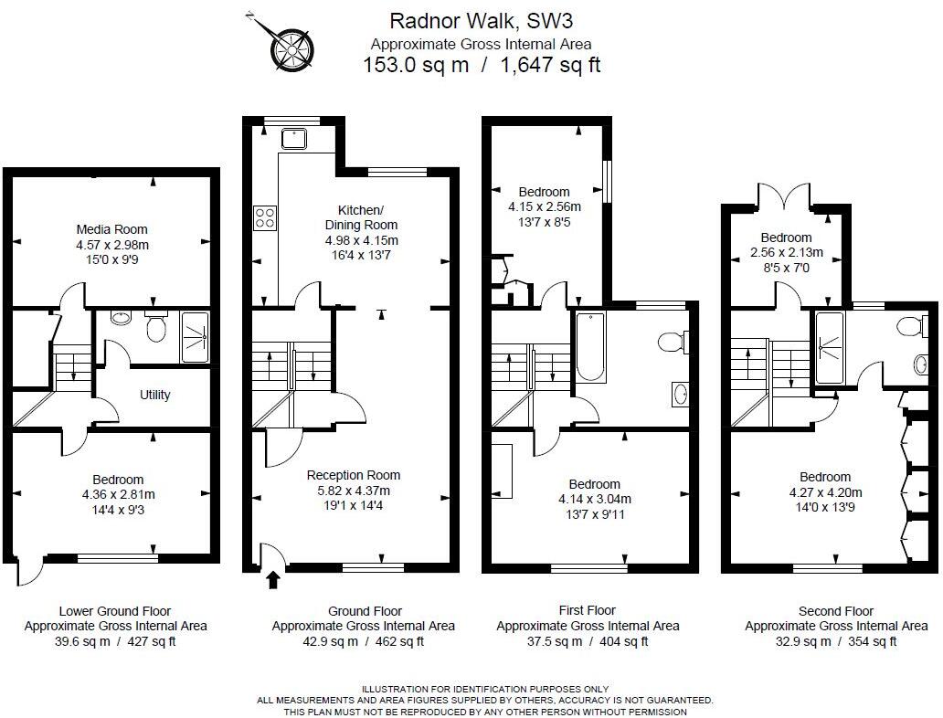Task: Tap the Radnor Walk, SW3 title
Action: (482, 21)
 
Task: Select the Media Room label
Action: (111, 229)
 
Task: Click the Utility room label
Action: (155, 395)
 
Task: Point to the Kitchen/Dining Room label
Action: (361, 217)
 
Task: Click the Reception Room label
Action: (354, 475)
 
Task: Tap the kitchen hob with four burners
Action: (265, 217)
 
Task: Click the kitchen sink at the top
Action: (293, 139)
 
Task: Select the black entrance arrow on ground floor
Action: (273, 580)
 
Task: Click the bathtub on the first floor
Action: (590, 346)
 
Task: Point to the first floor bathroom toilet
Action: (673, 343)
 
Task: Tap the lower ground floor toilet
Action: (156, 324)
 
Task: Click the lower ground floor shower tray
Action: (195, 337)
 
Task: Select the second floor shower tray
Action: (830, 348)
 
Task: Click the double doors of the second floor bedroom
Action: (786, 196)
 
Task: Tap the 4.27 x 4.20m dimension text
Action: (825, 492)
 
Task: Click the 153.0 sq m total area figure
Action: (416, 64)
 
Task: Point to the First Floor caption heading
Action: (588, 610)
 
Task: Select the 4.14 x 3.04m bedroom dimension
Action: (595, 499)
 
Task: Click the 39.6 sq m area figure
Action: (82, 641)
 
